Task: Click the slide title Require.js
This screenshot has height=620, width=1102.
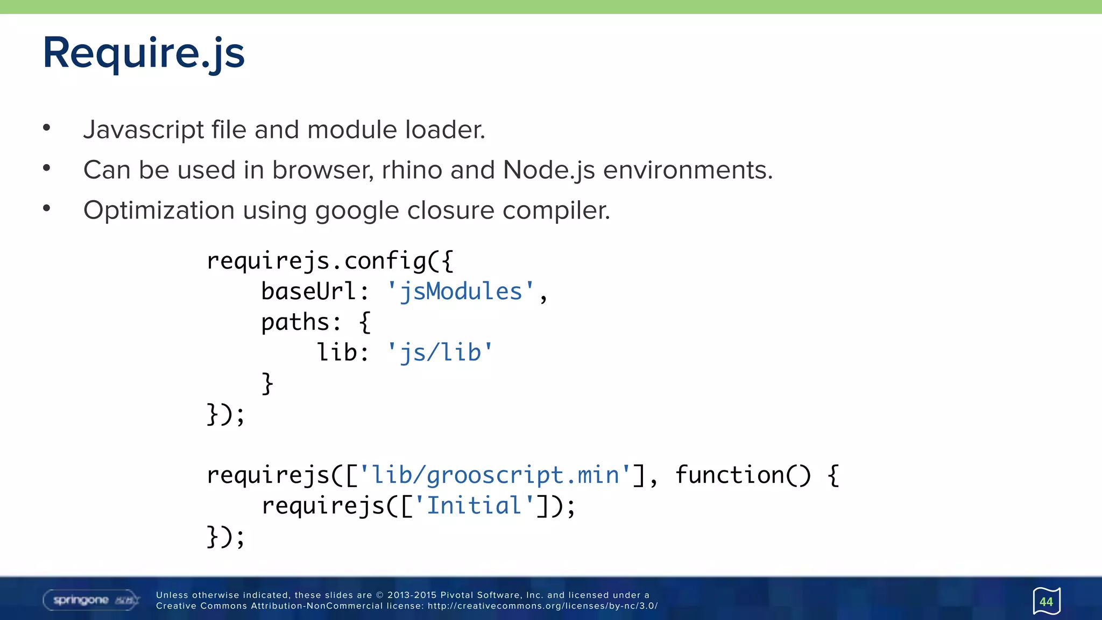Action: coord(144,53)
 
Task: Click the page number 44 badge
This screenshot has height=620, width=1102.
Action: coord(1046,601)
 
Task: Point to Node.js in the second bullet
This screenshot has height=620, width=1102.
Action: coord(549,170)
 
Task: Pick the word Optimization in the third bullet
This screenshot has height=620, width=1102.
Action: coord(159,210)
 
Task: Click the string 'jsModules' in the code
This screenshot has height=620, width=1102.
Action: coord(461,292)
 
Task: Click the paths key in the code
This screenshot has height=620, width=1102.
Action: coord(295,322)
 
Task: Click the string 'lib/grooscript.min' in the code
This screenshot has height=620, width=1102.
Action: coord(495,475)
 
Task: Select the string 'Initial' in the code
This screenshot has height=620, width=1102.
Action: coord(474,506)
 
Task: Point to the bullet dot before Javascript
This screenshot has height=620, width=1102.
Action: coord(47,128)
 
